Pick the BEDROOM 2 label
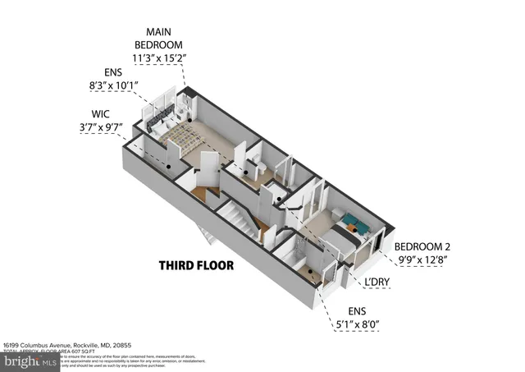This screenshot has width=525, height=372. click(423, 246)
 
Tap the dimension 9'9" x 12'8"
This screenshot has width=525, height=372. click(423, 260)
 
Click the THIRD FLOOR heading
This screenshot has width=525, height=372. click(196, 266)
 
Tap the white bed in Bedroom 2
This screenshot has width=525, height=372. click(335, 238)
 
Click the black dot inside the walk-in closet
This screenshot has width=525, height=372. click(170, 166)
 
